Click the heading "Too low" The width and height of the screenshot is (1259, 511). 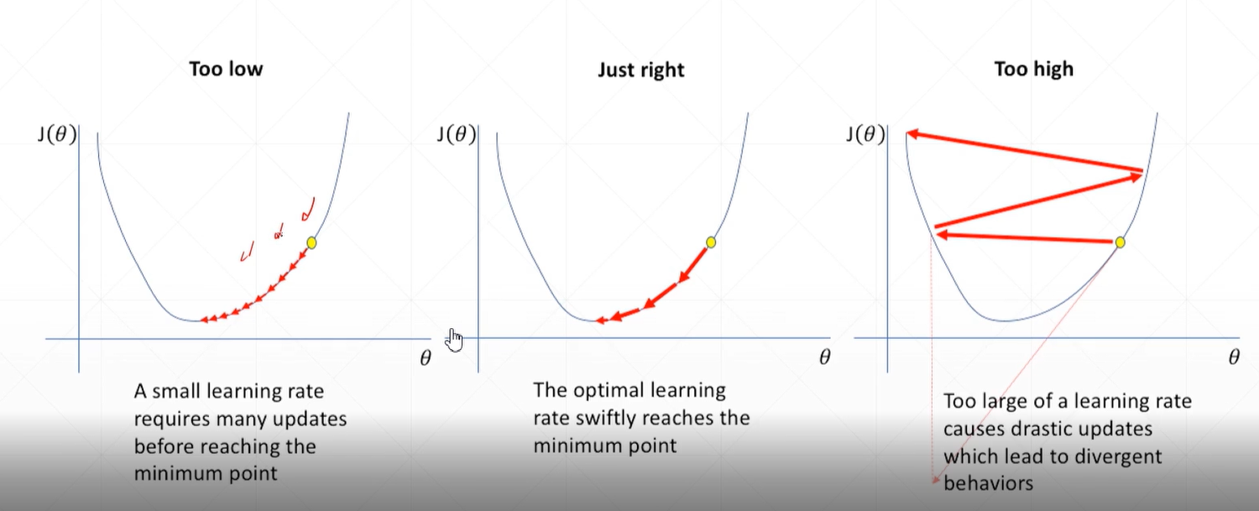click(x=226, y=68)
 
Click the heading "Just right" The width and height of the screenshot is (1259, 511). click(x=640, y=70)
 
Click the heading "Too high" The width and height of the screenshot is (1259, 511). click(x=1033, y=68)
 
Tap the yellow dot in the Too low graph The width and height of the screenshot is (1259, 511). click(x=312, y=242)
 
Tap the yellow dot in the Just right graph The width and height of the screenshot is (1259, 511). click(x=711, y=242)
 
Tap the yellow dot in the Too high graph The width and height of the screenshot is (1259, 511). click(x=1119, y=242)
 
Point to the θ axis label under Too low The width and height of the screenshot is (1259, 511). click(x=425, y=358)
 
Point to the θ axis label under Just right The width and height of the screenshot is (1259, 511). click(x=824, y=358)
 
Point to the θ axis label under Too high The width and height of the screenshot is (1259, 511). click(x=1233, y=358)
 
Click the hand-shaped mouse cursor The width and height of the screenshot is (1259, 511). click(x=454, y=340)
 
